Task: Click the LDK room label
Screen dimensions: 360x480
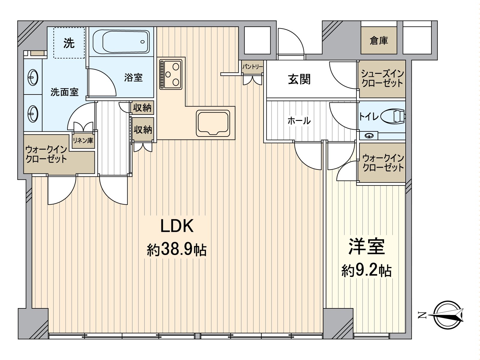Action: click(x=177, y=226)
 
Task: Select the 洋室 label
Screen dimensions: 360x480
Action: click(x=366, y=247)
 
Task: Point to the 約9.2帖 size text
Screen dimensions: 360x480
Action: click(x=366, y=271)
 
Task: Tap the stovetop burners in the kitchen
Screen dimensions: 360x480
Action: click(x=171, y=73)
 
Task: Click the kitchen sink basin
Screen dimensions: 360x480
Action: click(x=213, y=123)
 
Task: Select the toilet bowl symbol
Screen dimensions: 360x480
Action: click(x=392, y=116)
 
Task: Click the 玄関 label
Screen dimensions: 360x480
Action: click(x=299, y=79)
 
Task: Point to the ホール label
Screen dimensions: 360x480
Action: click(x=299, y=121)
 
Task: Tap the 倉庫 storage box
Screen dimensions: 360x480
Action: click(x=379, y=40)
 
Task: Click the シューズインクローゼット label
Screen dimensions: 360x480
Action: click(x=382, y=79)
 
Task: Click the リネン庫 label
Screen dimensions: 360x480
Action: click(x=83, y=140)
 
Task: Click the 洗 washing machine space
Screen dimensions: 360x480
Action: click(x=69, y=43)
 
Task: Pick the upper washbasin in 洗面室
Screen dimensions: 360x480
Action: click(x=33, y=78)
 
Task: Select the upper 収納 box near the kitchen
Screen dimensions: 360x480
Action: click(x=142, y=107)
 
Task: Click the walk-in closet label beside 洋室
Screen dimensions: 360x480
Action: click(x=383, y=163)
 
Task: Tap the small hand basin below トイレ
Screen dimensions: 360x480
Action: click(x=369, y=136)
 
